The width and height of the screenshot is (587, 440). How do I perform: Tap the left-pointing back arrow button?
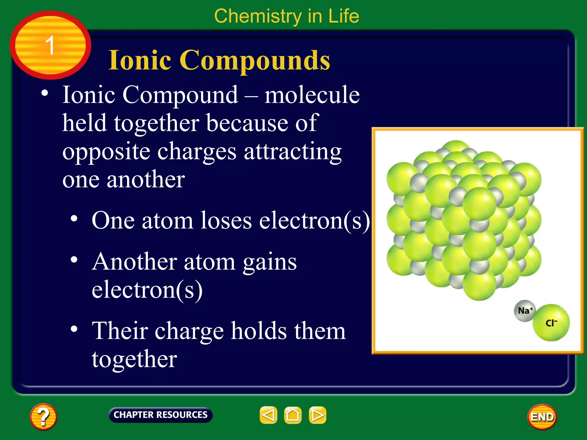point(268,415)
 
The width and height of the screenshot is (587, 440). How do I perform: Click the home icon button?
point(293,415)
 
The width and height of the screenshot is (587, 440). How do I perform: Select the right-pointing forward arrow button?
point(317,415)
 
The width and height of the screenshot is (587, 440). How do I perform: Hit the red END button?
point(542,417)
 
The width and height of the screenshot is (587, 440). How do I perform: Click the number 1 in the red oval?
point(50,45)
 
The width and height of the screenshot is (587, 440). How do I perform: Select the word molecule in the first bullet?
point(312,95)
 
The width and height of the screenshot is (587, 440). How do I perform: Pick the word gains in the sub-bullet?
point(269,262)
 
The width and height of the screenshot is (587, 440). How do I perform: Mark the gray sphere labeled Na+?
point(524,311)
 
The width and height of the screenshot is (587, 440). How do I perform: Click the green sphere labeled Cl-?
point(551,323)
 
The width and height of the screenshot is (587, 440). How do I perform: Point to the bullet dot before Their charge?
point(74,329)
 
